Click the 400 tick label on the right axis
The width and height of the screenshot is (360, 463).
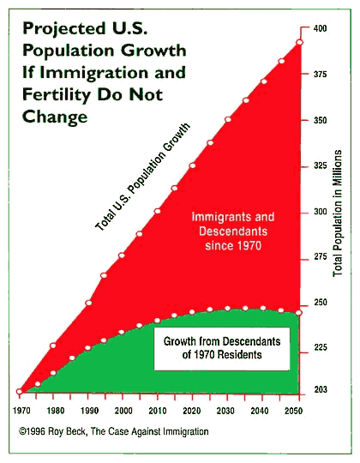[x=319, y=28]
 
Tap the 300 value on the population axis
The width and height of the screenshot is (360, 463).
[x=319, y=212]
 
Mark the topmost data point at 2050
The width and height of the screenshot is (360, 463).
[x=299, y=42]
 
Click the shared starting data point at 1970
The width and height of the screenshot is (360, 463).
[x=20, y=392]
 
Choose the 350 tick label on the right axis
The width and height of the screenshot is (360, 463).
[x=319, y=120]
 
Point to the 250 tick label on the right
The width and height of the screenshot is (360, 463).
[x=319, y=303]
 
